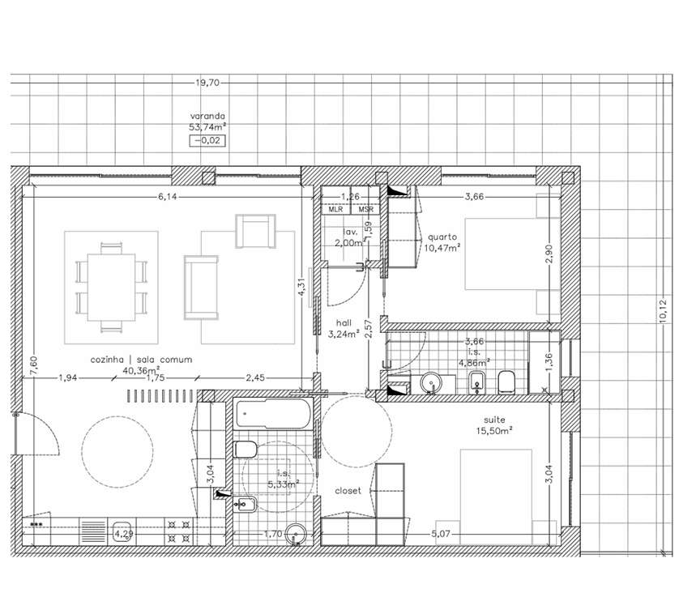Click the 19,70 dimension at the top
(x=207, y=83)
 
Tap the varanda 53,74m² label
(x=207, y=122)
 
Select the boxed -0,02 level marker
(x=207, y=141)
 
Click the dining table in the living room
(x=111, y=285)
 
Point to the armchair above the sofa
(x=255, y=230)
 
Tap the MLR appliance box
(x=335, y=209)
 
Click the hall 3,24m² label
(x=344, y=328)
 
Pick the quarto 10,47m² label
(x=442, y=242)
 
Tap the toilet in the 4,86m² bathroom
(x=508, y=381)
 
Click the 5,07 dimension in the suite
(x=441, y=534)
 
